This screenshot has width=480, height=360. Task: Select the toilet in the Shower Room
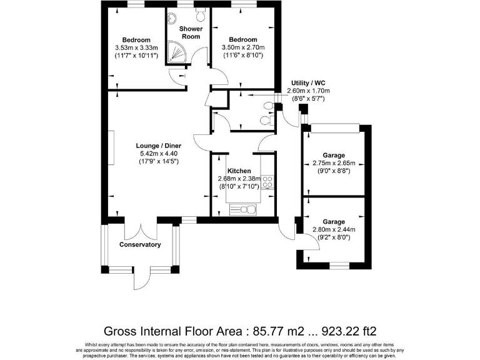pos(200,12)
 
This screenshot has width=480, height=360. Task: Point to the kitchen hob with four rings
pos(267,182)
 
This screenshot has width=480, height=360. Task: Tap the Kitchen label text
pos(239,171)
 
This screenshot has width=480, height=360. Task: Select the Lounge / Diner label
pos(159,146)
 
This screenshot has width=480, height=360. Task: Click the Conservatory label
pos(140,244)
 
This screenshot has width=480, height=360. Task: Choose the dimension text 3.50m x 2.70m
pos(243,47)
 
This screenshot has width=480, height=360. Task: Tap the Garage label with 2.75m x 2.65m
pos(334,156)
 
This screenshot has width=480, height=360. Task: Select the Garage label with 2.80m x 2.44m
pos(334,222)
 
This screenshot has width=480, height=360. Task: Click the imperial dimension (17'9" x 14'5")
pos(159,161)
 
